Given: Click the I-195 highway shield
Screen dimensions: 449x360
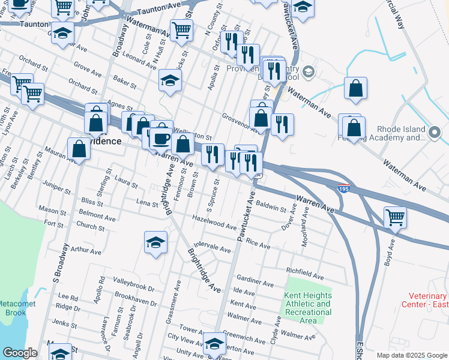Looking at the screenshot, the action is [x=343, y=188].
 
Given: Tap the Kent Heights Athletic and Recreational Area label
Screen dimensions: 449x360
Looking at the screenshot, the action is [x=307, y=308].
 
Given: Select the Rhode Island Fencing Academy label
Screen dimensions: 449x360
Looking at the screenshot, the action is [x=410, y=133].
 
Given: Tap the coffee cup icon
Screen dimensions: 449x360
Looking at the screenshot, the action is [x=161, y=139].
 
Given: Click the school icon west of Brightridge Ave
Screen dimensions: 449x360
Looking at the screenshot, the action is [x=156, y=242].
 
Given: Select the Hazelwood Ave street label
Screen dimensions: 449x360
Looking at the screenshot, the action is [x=214, y=223].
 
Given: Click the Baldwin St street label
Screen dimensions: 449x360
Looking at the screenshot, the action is [x=271, y=208].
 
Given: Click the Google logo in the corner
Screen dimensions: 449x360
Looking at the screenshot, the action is [x=20, y=353].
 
